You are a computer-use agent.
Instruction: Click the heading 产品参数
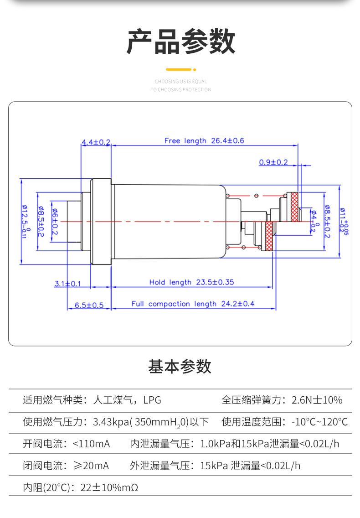180,41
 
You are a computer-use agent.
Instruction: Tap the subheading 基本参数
180,366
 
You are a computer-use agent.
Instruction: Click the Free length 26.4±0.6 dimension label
204,141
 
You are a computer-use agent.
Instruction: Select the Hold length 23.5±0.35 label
191,282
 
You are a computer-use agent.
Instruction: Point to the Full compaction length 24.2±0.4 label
193,304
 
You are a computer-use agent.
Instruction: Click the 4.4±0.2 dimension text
96,142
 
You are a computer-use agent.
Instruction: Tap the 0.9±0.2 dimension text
273,162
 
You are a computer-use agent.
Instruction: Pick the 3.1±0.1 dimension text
68,284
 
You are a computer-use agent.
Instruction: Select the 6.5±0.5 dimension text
89,305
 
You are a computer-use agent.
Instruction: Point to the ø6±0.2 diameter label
55,222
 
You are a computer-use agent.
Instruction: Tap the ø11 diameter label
343,221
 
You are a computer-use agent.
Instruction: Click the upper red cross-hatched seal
294,207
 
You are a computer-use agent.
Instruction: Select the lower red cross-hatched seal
269,236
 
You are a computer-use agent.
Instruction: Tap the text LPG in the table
152,400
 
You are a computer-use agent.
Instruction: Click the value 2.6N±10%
317,400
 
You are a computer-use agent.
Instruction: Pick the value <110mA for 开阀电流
91,444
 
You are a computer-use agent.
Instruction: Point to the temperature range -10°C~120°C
319,422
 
